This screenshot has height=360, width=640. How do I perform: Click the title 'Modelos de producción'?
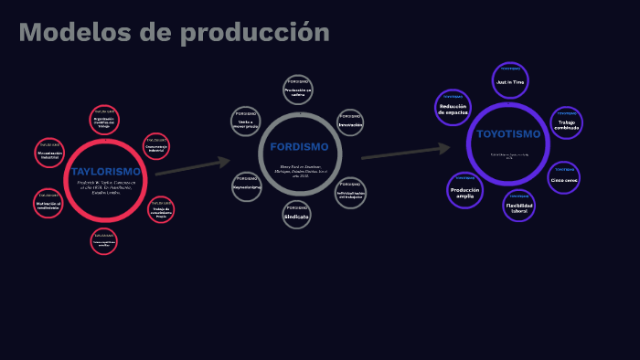click(x=174, y=33)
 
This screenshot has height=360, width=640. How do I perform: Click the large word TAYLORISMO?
click(x=105, y=172)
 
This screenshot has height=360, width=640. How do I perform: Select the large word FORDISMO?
click(x=299, y=147)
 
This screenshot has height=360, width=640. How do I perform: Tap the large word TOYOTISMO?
click(x=508, y=134)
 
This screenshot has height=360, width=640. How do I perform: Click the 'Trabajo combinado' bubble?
click(x=566, y=124)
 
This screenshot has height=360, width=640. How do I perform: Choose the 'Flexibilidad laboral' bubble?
click(x=518, y=205)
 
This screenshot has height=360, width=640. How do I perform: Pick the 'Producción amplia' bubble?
click(x=464, y=190)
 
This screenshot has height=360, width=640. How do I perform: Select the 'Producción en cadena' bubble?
click(x=298, y=90)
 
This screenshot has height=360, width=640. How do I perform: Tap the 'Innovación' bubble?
click(x=350, y=123)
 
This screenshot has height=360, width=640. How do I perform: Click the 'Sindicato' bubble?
click(x=296, y=215)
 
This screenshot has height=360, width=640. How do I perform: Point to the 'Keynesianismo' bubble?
click(x=246, y=185)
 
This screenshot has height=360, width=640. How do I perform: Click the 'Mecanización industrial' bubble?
click(x=48, y=153)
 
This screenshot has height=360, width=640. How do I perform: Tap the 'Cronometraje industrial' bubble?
click(x=156, y=147)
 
